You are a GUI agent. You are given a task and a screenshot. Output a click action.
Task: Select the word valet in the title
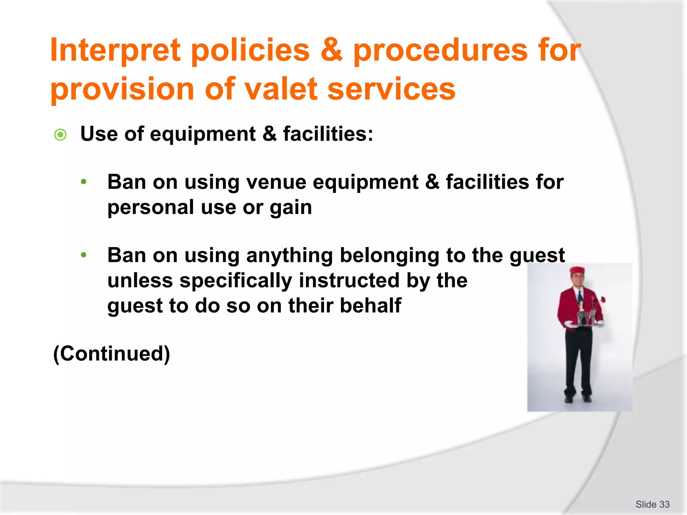(280, 89)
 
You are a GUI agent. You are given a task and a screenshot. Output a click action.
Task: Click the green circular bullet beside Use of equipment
(60, 135)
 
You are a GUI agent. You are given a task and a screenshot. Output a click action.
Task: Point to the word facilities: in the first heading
(328, 134)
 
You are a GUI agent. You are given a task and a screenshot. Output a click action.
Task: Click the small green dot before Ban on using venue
(84, 182)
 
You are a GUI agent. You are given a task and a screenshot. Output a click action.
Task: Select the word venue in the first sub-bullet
(276, 182)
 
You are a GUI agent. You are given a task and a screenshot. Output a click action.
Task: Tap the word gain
(291, 208)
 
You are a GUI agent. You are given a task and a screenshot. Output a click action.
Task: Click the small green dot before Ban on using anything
(84, 255)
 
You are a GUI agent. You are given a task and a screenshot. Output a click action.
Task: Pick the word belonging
(389, 256)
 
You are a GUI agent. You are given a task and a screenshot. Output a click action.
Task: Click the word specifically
(236, 281)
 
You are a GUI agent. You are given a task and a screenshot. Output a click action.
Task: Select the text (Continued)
(112, 354)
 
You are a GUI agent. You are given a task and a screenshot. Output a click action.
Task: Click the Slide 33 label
(652, 504)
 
